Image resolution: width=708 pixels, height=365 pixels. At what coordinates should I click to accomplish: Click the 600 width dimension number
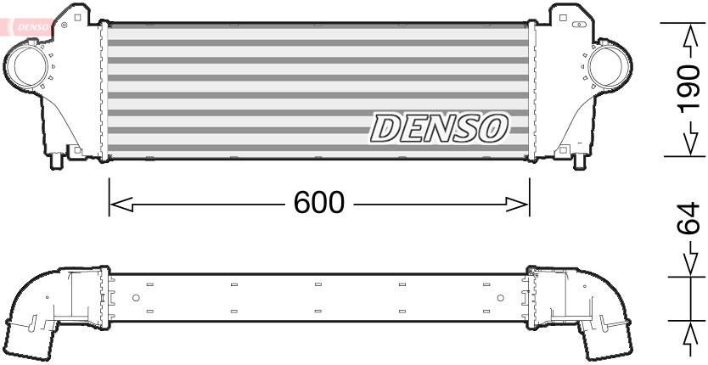(319, 203)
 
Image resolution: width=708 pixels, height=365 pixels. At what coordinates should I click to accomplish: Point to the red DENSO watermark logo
(32, 28)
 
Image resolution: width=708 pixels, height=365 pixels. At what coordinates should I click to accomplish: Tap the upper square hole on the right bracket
(561, 15)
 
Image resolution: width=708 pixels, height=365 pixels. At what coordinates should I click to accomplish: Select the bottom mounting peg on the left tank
(56, 160)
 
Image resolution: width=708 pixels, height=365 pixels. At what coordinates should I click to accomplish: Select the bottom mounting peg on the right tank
(581, 160)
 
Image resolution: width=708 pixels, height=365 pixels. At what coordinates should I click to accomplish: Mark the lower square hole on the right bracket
(560, 151)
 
